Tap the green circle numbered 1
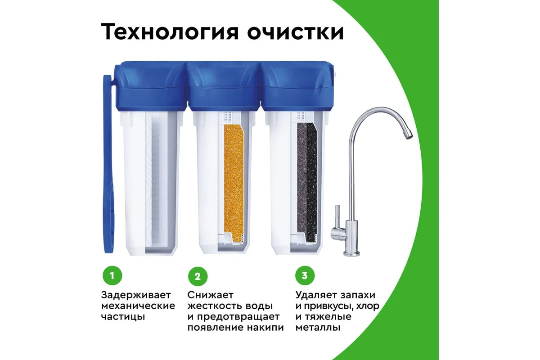point(112,275)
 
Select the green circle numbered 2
point(198,276)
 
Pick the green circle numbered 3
point(305,275)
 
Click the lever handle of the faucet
point(336,216)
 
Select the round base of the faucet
point(351,253)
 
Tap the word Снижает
point(211,295)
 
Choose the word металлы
point(318,328)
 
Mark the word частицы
point(123,317)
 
